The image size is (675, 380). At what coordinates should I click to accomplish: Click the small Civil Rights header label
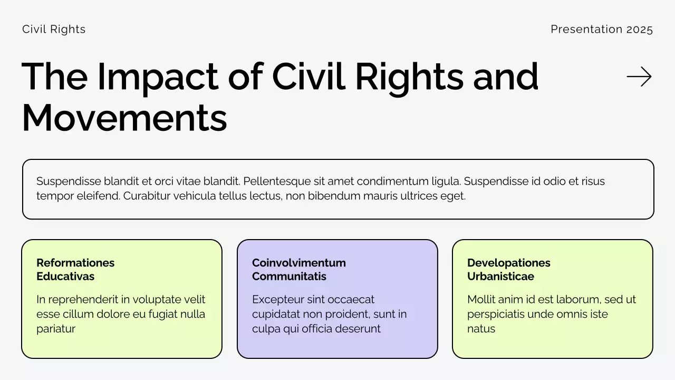(x=54, y=30)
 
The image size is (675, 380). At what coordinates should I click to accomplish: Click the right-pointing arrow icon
(x=639, y=77)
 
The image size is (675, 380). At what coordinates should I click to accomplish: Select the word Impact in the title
(x=158, y=77)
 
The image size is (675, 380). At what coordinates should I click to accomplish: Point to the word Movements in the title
(x=124, y=118)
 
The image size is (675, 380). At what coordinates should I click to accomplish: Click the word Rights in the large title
(x=410, y=77)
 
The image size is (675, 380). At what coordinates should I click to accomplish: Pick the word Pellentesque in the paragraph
(x=277, y=182)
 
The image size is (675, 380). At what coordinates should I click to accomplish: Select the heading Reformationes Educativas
(x=75, y=270)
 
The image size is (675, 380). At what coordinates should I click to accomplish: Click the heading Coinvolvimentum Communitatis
(x=298, y=270)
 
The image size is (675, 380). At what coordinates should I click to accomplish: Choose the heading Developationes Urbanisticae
(x=508, y=270)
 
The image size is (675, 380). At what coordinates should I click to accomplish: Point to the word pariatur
(x=56, y=329)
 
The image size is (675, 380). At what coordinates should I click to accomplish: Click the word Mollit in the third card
(x=480, y=300)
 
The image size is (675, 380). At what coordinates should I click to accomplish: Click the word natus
(x=481, y=329)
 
